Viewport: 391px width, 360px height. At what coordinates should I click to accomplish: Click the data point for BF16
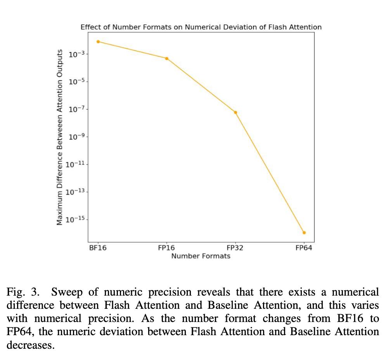98,42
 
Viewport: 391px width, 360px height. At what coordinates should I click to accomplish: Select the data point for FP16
167,59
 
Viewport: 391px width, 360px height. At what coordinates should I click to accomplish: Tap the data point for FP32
235,112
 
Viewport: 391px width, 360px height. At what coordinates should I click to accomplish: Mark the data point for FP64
304,233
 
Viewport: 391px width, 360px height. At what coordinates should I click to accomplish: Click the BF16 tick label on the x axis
98,248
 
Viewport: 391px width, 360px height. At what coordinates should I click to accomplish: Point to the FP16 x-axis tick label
166,248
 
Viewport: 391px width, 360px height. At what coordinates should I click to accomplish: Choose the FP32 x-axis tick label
235,248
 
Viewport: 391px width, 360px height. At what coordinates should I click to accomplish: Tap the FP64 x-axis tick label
304,248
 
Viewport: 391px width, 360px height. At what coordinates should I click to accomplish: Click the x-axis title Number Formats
201,256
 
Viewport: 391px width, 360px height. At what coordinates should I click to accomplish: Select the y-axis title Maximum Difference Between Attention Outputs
60,137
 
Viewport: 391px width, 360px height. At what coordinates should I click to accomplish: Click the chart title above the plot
201,27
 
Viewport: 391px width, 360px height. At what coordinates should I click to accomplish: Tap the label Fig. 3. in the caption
22,292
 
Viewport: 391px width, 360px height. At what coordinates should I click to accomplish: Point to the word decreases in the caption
30,345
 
